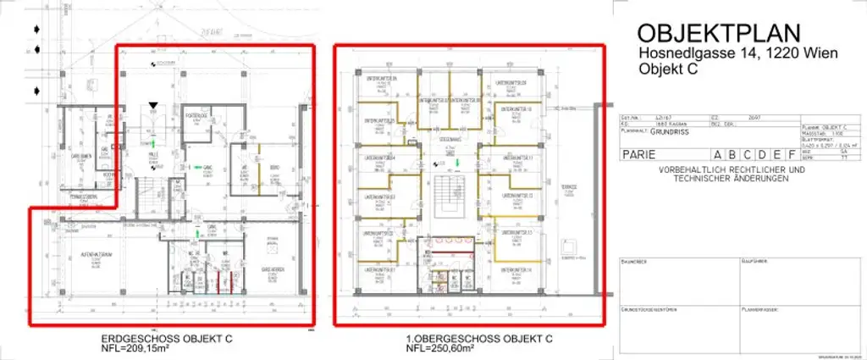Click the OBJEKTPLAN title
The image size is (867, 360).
(x=718, y=33)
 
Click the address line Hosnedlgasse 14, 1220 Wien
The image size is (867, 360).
(x=738, y=54)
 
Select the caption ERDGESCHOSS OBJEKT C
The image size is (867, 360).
(x=166, y=339)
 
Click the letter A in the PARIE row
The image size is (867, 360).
(x=719, y=155)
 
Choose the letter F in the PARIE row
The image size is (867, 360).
(x=790, y=155)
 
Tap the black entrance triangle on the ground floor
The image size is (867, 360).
(x=152, y=106)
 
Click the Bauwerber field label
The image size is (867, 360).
(x=634, y=262)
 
